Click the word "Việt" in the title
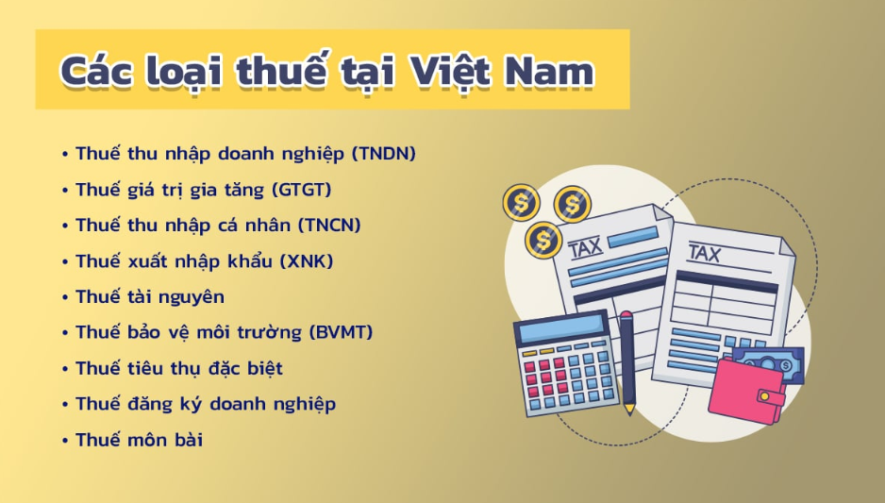[x=449, y=72]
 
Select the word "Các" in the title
[x=96, y=72]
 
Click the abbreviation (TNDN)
[x=384, y=154]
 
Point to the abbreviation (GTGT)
[x=301, y=190]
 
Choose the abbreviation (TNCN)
[x=329, y=226]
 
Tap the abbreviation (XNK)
[x=307, y=261]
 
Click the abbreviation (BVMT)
[x=342, y=332]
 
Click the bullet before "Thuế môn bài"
[x=65, y=441]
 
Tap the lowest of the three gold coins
[x=543, y=241]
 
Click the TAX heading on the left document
[x=586, y=248]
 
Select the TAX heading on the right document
[x=704, y=252]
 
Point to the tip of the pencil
[x=629, y=412]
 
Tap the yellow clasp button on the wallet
[x=764, y=396]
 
